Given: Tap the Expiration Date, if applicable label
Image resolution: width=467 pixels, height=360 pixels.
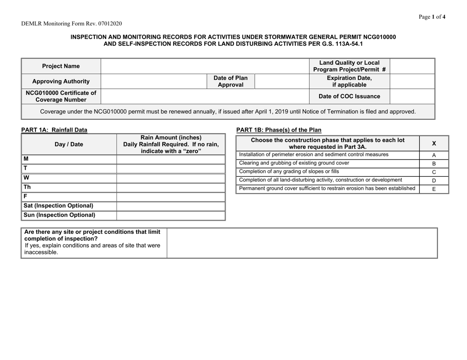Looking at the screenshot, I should point(350,81).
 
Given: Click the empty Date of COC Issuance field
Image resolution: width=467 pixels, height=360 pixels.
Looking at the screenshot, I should point(412,96).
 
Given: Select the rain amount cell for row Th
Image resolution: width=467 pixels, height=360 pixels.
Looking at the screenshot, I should point(171,187).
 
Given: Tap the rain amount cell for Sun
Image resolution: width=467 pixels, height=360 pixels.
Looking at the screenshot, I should point(171,215).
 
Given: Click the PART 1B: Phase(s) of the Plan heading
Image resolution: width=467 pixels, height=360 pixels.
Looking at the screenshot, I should point(279,130).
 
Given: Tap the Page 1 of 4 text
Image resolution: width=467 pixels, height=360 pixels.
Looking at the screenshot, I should point(432,16).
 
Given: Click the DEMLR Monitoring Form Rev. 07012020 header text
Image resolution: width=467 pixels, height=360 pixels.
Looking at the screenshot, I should point(72,23).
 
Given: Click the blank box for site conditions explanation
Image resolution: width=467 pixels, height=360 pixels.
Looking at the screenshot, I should point(302,243).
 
